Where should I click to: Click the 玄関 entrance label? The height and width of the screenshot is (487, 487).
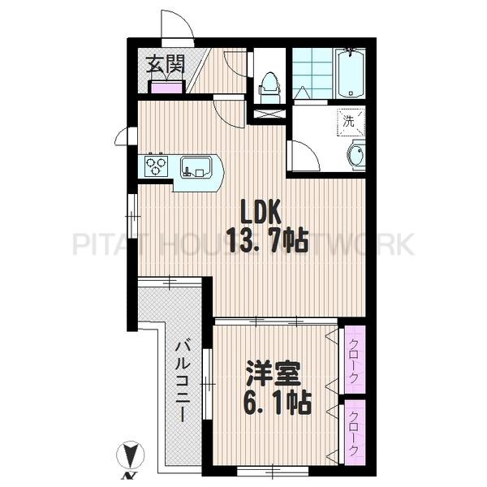166,65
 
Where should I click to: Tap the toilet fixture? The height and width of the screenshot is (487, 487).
269,88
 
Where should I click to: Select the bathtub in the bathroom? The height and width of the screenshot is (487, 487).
351,73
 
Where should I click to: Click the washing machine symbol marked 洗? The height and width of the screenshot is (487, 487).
351,122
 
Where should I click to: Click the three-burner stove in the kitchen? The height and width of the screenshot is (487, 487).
156,166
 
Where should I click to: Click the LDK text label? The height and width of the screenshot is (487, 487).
261,212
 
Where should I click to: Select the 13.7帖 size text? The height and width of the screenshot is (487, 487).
267,240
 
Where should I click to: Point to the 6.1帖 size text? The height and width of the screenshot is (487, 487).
277,403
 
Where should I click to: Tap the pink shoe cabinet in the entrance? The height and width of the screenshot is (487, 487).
166,88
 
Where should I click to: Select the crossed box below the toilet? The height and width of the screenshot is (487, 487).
269,114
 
